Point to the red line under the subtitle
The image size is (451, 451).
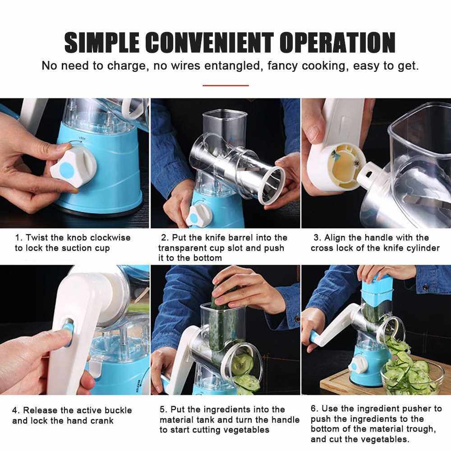click(x=226, y=85)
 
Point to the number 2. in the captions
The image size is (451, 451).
click(x=165, y=238)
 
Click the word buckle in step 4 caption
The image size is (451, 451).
click(x=118, y=410)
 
